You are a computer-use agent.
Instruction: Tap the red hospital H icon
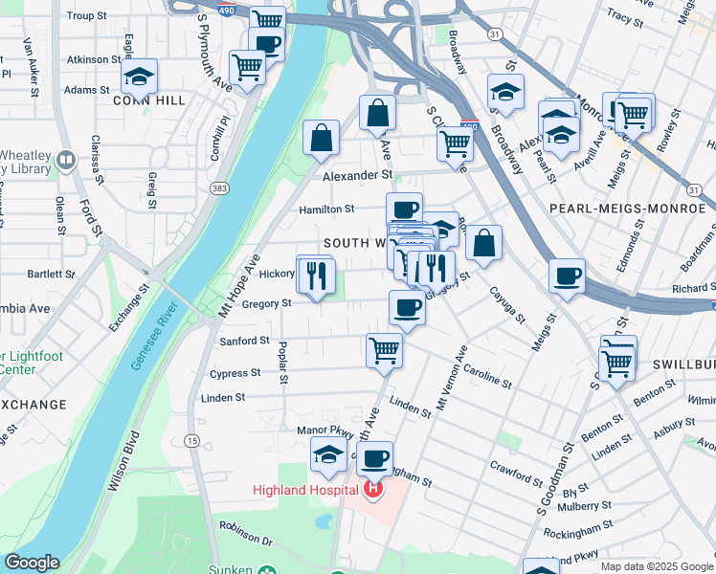(x=373, y=491)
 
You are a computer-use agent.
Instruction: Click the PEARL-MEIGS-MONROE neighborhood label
(x=628, y=208)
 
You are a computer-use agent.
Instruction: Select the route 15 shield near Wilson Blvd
(x=192, y=440)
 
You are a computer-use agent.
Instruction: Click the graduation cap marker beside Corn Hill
(x=140, y=77)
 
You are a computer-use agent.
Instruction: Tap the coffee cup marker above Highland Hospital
(x=376, y=458)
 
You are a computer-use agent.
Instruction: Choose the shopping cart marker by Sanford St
(x=384, y=350)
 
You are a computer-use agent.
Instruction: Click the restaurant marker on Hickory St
(x=316, y=276)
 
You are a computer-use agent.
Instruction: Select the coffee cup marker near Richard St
(x=568, y=276)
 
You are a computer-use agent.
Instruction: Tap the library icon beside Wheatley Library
(x=66, y=161)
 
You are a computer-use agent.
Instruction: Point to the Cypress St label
(x=241, y=373)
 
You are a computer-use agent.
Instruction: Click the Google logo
(x=32, y=563)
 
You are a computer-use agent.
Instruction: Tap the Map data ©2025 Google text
(x=656, y=566)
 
